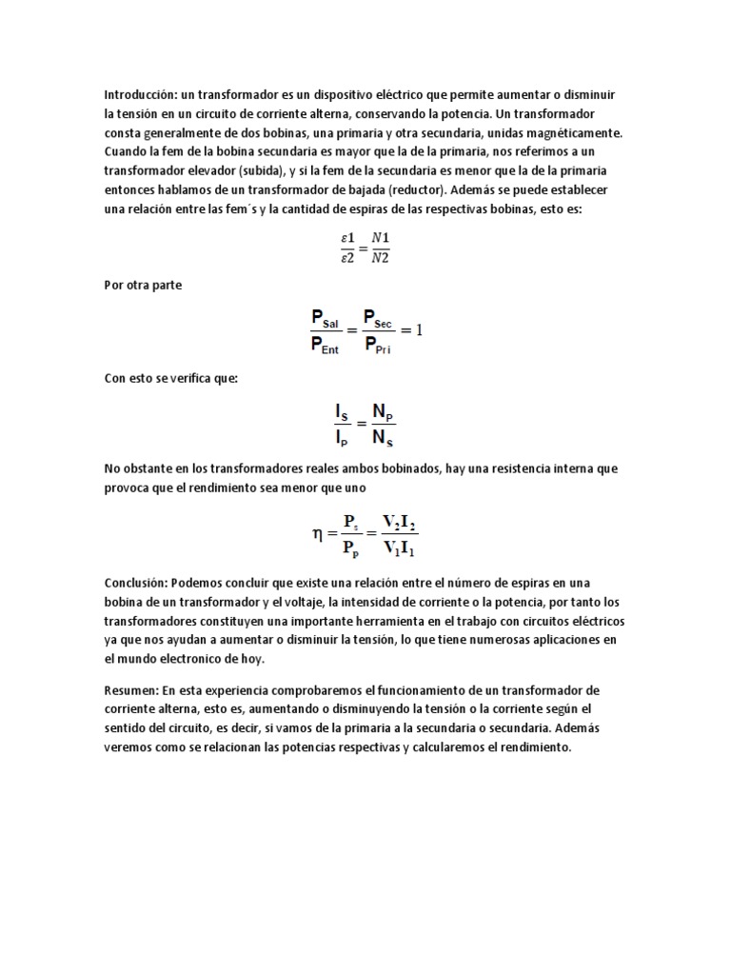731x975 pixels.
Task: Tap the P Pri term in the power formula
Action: [x=378, y=344]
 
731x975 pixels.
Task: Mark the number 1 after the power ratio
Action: [x=417, y=330]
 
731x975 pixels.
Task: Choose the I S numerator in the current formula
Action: [x=342, y=413]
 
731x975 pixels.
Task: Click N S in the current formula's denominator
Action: [x=384, y=438]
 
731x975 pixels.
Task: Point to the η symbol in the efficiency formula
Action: [x=318, y=534]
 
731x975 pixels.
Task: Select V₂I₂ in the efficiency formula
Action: [x=399, y=521]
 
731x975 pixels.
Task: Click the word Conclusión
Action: [x=134, y=582]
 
